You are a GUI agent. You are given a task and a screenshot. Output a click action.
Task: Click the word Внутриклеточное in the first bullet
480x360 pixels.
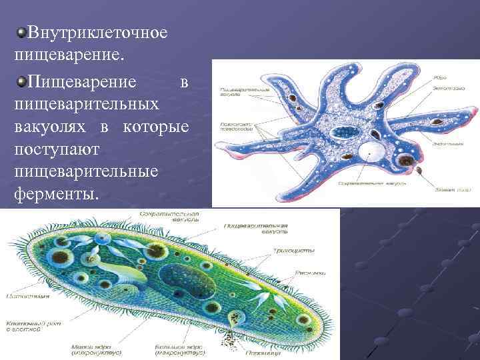tap(97, 32)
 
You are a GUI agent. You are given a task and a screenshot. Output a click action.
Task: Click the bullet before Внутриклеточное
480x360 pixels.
tap(22, 32)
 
